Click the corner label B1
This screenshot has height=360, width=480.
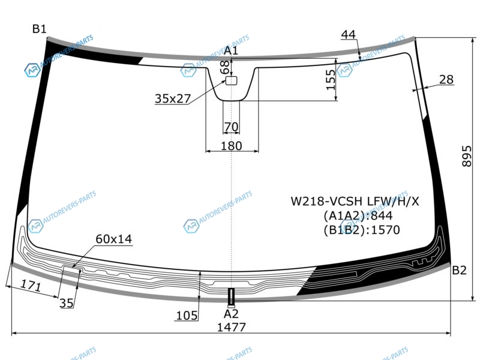(x=40, y=28)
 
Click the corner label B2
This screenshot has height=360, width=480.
(x=459, y=270)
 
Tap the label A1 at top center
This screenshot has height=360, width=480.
(x=231, y=50)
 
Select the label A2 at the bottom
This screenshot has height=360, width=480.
(x=231, y=313)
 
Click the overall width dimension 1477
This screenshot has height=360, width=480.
(x=231, y=327)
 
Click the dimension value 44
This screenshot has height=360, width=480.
(x=349, y=34)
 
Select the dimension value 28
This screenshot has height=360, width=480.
(x=446, y=79)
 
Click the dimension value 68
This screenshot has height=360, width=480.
(x=225, y=67)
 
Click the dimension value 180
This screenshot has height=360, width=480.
(x=231, y=146)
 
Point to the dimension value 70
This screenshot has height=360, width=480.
(x=231, y=127)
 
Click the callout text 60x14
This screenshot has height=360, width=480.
(x=113, y=239)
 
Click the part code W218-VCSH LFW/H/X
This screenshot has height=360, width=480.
(x=355, y=201)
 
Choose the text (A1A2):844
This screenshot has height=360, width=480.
(x=358, y=215)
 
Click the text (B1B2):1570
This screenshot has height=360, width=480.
(x=361, y=229)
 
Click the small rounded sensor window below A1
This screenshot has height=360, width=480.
(x=232, y=80)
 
